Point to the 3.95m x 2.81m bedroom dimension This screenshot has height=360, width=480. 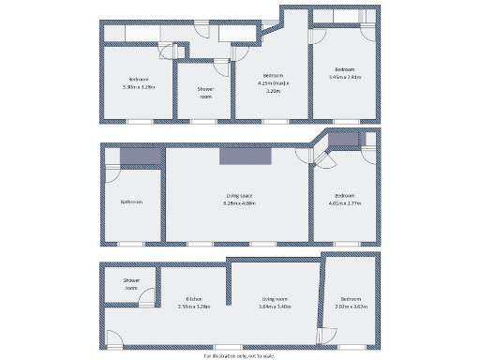[x=345, y=77]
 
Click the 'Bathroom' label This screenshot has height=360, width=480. [x=131, y=202]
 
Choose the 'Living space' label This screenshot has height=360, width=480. [x=239, y=195]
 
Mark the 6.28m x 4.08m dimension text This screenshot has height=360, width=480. [x=239, y=203]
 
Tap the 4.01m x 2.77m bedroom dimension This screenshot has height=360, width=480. [x=345, y=203]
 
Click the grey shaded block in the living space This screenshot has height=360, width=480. [x=246, y=156]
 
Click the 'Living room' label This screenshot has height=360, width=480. [x=274, y=298]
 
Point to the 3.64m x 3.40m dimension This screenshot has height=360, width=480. [x=274, y=307]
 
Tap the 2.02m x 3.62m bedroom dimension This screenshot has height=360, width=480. [x=352, y=307]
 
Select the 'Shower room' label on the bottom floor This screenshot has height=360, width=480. [x=131, y=284]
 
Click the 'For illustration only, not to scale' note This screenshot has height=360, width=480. [x=239, y=356]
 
